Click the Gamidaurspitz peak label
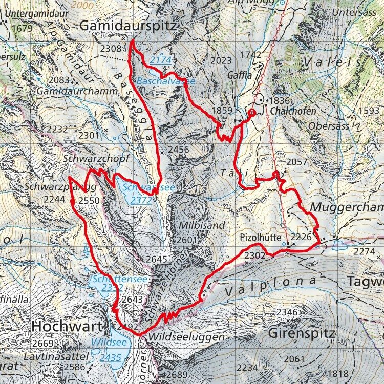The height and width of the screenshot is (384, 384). (128, 26)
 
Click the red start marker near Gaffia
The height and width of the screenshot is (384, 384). (251, 112)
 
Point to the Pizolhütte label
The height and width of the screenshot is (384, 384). (261, 238)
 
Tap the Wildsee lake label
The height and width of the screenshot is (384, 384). (106, 342)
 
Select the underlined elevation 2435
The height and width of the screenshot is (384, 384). (111, 357)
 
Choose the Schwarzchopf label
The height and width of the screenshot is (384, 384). (95, 159)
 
